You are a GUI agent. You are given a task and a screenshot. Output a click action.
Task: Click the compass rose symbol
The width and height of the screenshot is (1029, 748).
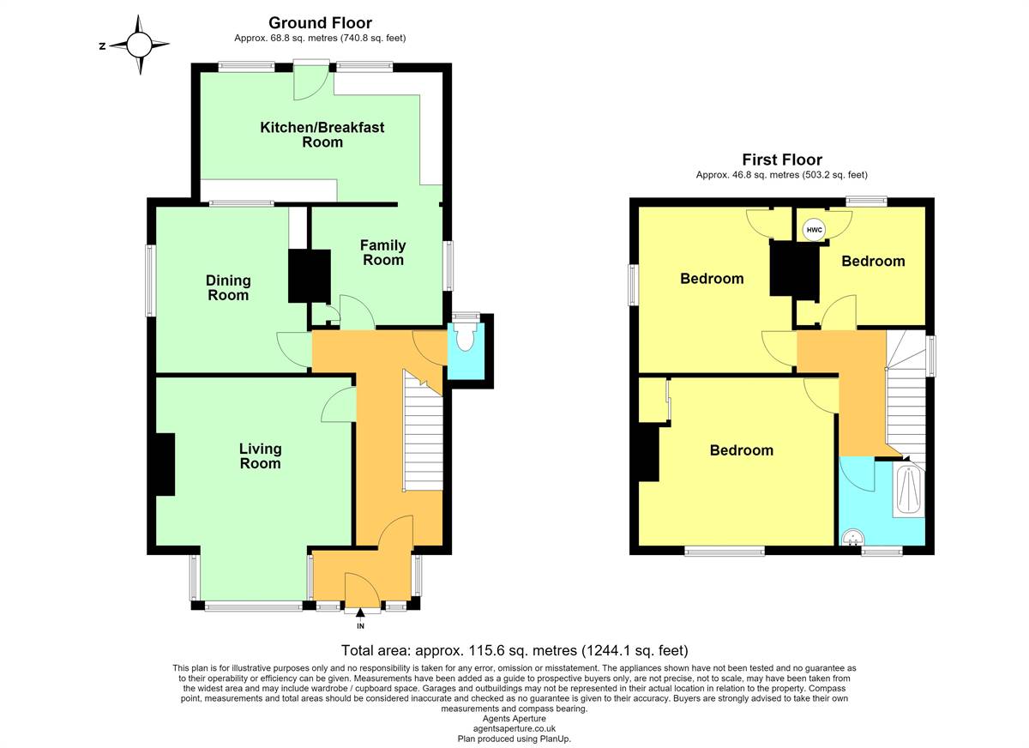pyautogui.click(x=139, y=45)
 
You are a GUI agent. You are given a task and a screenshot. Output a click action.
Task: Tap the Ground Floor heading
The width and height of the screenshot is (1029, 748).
pyautogui.click(x=320, y=22)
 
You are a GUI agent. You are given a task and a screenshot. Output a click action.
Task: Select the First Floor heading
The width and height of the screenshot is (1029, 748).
pyautogui.click(x=782, y=160)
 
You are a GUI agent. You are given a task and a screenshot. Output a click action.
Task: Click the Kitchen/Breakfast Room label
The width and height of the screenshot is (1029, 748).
pyautogui.click(x=322, y=134)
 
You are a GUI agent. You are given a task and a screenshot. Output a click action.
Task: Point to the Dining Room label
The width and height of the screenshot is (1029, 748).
pyautogui.click(x=228, y=287)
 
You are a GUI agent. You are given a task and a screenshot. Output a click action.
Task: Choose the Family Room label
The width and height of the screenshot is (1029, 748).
pyautogui.click(x=383, y=252)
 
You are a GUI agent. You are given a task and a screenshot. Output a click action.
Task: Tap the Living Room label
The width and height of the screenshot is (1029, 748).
pyautogui.click(x=260, y=455)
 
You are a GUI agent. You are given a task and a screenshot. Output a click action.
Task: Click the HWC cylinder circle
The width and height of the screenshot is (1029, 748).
pyautogui.click(x=814, y=230)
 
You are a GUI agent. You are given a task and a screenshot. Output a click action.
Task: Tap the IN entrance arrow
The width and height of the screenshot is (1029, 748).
pyautogui.click(x=360, y=612)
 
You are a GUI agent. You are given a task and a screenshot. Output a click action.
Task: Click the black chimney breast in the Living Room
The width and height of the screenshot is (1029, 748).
pyautogui.click(x=165, y=465)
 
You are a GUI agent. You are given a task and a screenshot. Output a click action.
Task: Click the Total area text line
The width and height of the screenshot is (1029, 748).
pyautogui.click(x=514, y=650)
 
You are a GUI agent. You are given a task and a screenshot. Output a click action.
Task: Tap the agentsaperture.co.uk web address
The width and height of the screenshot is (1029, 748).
pyautogui.click(x=514, y=729)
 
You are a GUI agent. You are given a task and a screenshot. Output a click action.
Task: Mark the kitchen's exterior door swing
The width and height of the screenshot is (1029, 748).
pyautogui.click(x=311, y=81)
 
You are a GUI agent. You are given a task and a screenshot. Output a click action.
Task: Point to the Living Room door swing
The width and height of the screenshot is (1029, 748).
pyautogui.click(x=339, y=404)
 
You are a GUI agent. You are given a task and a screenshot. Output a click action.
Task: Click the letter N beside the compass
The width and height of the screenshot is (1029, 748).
pyautogui.click(x=102, y=45)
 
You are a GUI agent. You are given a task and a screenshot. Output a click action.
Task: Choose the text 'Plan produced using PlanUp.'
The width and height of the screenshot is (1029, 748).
pyautogui.click(x=514, y=739)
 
